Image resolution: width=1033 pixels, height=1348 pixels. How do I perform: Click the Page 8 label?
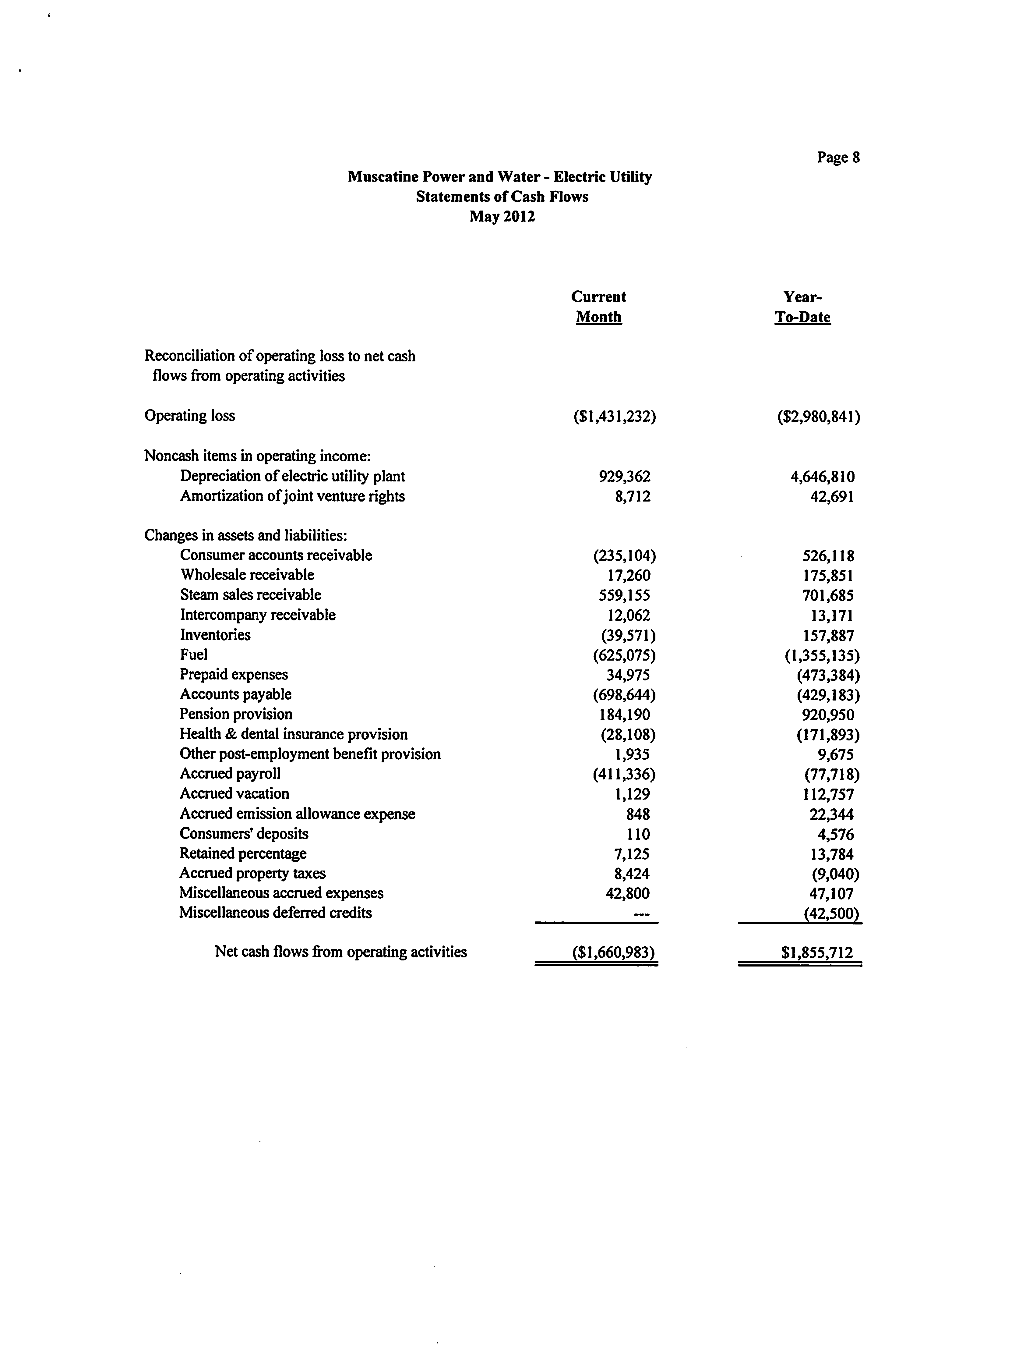pos(838,158)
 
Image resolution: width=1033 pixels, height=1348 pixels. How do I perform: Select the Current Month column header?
pos(598,307)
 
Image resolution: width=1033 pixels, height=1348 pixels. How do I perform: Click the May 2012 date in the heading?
pos(502,217)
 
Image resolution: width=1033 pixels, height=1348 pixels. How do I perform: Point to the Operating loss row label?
pos(189,416)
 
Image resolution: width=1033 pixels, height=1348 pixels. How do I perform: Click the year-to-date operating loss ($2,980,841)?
pos(818,417)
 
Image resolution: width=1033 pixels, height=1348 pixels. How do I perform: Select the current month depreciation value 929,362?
pos(624,476)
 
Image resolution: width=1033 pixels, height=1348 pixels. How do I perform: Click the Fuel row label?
pos(194,654)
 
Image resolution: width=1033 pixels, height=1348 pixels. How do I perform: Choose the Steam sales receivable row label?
pos(250,595)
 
